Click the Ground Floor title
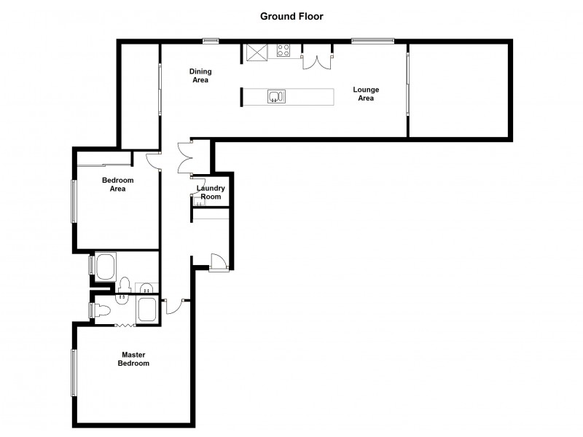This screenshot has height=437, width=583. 291,15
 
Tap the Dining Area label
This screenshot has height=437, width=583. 200,76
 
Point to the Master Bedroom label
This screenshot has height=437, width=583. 135,359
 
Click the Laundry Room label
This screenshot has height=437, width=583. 211,192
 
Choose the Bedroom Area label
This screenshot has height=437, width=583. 114,184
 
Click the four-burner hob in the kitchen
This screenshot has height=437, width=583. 284,51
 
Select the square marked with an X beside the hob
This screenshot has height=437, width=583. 257,52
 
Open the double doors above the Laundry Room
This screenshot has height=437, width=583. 184,157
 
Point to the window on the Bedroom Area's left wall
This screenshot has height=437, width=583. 73,201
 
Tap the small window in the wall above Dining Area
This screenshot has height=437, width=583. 211,41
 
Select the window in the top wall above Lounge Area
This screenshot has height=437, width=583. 373,41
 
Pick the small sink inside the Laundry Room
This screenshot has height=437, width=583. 197,205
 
